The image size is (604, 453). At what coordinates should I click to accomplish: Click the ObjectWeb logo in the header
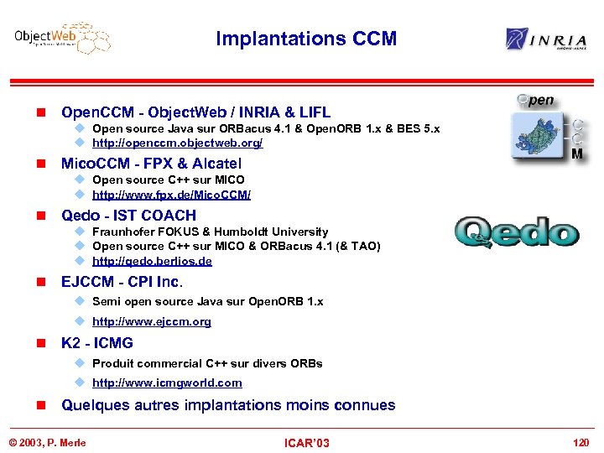[x=62, y=38]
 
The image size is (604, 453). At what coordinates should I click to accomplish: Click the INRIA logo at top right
[x=546, y=39]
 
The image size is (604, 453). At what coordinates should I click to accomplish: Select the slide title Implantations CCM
[x=306, y=39]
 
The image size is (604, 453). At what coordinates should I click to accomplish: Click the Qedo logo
[x=517, y=232]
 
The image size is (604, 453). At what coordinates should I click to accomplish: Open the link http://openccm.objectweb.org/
[x=177, y=143]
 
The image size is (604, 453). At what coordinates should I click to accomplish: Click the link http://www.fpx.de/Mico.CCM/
[x=171, y=195]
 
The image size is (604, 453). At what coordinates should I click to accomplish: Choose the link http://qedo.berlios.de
[x=152, y=261]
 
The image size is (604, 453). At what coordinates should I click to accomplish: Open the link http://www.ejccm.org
[x=151, y=321]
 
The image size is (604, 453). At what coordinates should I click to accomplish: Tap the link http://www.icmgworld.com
[x=167, y=383]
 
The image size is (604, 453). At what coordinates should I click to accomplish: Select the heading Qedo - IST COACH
[x=128, y=215]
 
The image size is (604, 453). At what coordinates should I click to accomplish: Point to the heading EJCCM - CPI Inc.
[x=122, y=281]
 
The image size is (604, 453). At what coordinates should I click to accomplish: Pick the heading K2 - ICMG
[x=96, y=343]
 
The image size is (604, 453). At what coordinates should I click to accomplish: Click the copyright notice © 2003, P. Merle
[x=47, y=442]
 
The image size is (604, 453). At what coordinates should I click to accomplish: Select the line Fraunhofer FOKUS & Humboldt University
[x=210, y=232]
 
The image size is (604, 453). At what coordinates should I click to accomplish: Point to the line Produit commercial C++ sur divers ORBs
[x=207, y=363]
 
